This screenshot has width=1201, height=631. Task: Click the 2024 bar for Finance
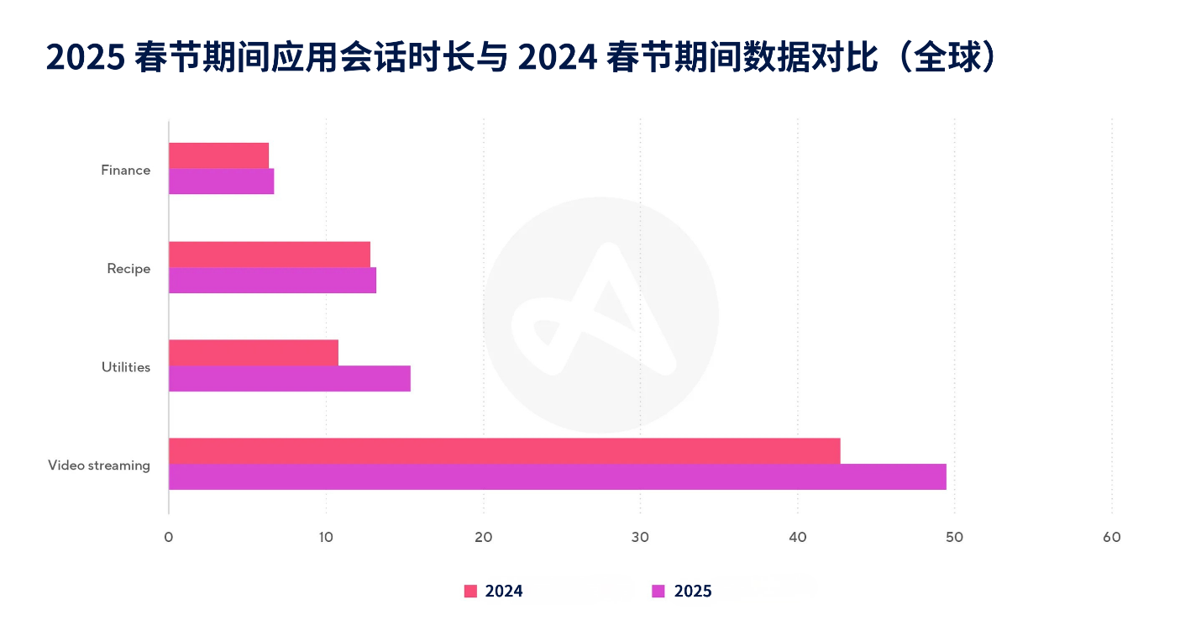pos(218,155)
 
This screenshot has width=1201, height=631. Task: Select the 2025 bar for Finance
pos(221,181)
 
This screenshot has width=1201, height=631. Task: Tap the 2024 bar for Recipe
pos(269,255)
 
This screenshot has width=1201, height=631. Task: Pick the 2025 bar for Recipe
pos(272,281)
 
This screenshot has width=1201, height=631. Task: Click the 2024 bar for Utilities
pos(253,353)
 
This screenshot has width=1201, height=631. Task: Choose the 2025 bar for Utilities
pos(289,379)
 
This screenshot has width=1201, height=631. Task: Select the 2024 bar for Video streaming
pos(504,451)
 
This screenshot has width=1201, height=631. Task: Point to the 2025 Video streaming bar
pos(557,477)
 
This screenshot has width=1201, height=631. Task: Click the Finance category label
pos(125,170)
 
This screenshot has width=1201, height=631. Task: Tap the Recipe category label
pos(128,269)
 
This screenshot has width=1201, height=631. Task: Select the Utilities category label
pos(126,367)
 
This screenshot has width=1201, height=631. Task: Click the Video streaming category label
pos(99,465)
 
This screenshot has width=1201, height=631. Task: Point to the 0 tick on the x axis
pos(169,538)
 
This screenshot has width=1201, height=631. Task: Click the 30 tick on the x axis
pos(640,538)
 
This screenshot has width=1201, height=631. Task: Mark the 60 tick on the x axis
pos(1111,538)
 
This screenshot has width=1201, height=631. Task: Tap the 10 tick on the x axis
pos(326,538)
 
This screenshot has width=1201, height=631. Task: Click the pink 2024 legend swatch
pos(470,592)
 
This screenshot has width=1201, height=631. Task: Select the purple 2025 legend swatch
pos(658,592)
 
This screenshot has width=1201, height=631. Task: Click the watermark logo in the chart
pos(600,315)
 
